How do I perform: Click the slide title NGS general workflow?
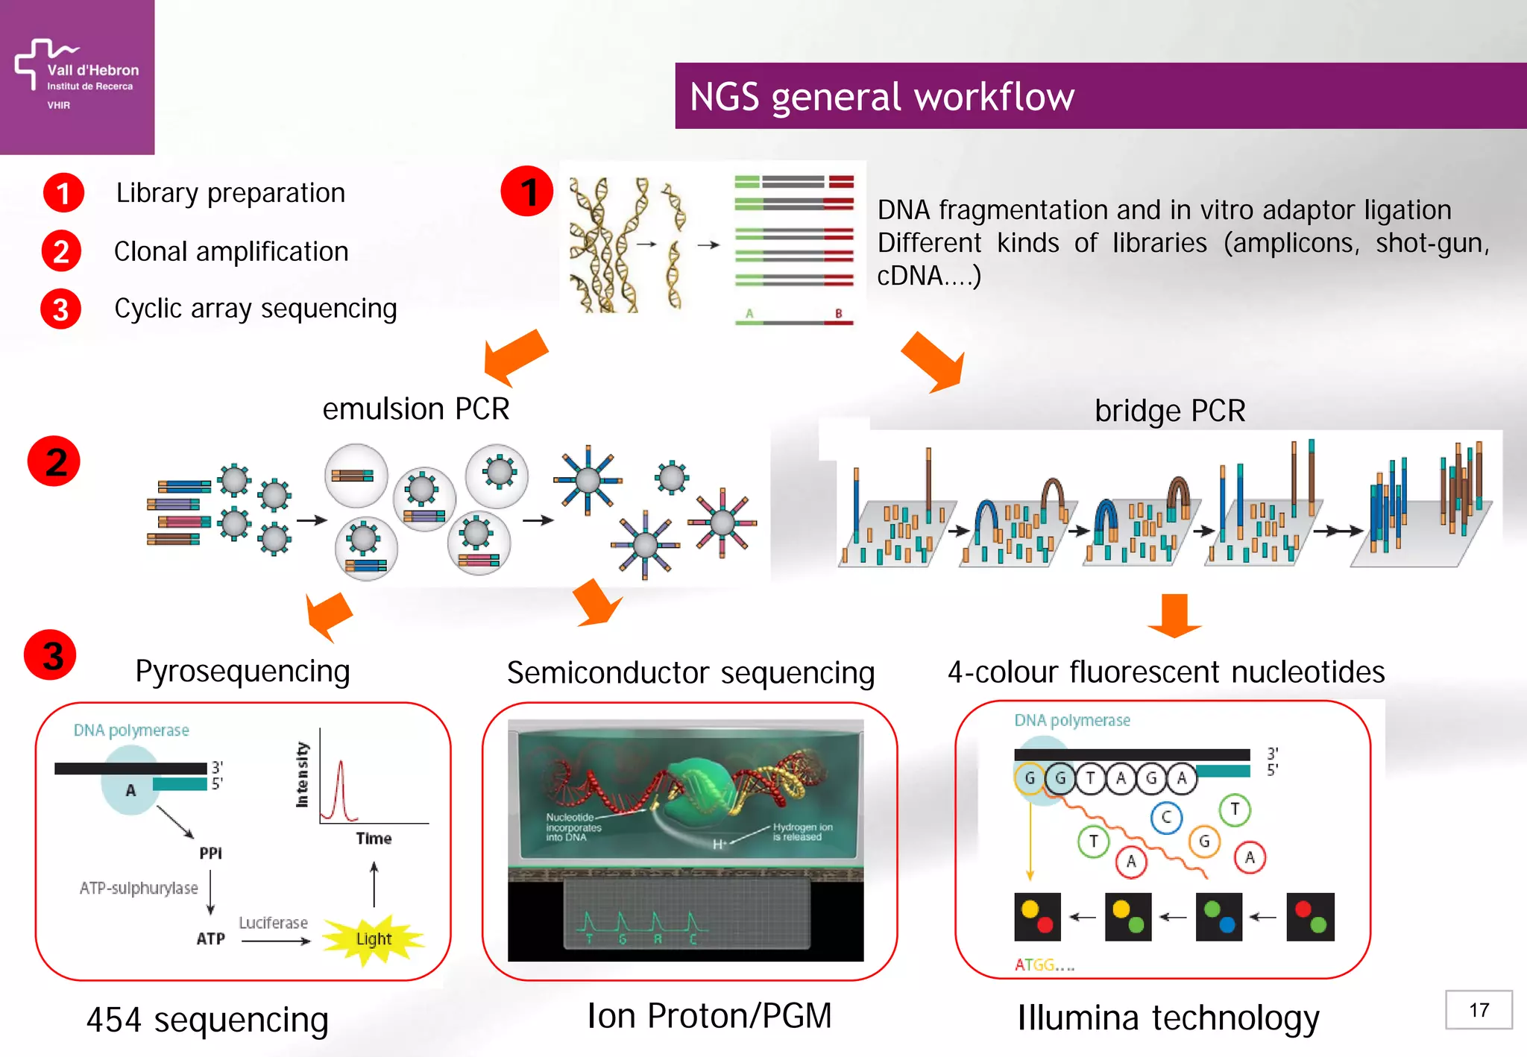[881, 97]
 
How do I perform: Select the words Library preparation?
[230, 193]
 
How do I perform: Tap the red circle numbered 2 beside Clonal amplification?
[61, 251]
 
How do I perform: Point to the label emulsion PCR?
[415, 409]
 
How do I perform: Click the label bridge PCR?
[1169, 411]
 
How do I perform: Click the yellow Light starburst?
[374, 938]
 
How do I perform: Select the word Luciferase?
[273, 923]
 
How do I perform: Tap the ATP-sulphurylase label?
[139, 888]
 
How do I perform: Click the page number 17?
[1479, 1010]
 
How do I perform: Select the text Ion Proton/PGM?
[708, 1016]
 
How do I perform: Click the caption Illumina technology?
[1168, 1018]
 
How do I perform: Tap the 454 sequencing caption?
[207, 1020]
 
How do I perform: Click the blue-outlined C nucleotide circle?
[1166, 817]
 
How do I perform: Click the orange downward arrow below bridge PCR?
[1174, 616]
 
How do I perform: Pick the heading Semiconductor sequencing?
[690, 673]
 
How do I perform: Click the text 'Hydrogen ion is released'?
[802, 832]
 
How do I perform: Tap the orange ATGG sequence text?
[1043, 965]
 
